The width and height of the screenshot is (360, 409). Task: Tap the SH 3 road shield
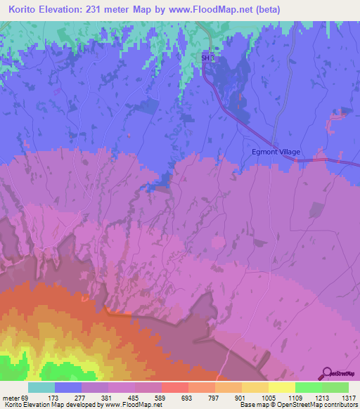point(207,58)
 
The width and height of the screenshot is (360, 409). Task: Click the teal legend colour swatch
point(41,387)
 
